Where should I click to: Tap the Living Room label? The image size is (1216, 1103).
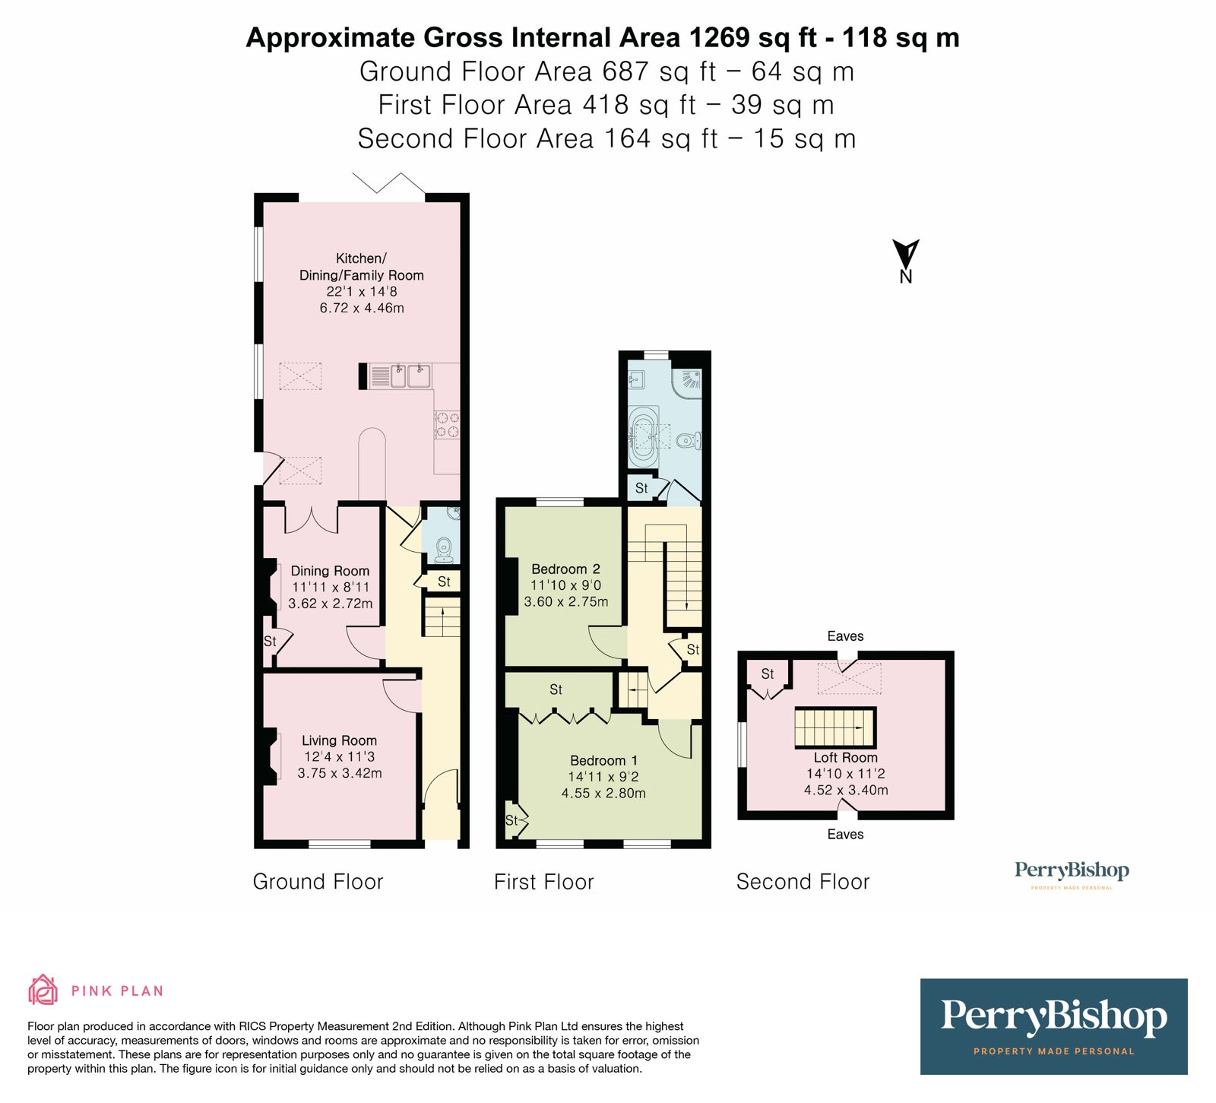point(339,740)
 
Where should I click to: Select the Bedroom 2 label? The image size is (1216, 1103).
point(565,569)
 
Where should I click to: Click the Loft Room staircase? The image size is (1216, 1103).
point(834,727)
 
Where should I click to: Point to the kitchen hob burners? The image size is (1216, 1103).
point(447,425)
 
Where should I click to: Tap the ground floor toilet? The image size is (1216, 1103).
point(445,549)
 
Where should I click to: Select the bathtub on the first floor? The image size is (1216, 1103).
point(645,437)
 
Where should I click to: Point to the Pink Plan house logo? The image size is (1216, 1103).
point(43,990)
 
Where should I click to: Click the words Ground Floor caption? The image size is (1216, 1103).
point(318,882)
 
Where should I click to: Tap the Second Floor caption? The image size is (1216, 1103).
point(803,882)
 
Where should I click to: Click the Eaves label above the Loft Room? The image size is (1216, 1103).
point(845,636)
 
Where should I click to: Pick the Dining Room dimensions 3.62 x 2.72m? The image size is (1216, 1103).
point(330,604)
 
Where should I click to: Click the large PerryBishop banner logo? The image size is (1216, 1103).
point(1053,1025)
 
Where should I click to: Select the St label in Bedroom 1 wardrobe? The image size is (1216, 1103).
point(556,689)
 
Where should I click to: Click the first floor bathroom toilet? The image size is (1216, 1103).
point(689,440)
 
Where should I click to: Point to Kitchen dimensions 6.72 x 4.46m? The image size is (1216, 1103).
point(362,308)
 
